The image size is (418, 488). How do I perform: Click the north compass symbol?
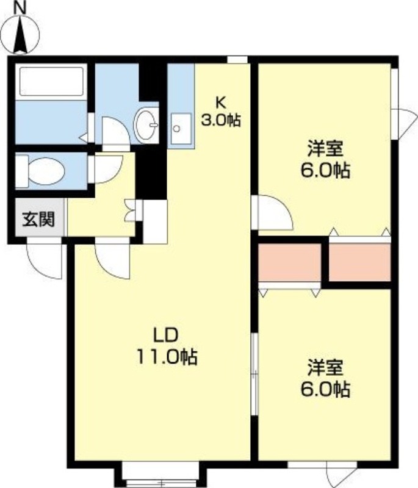[21, 30]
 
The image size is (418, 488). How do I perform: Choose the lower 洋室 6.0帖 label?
[323, 378]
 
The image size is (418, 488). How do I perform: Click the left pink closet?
[289, 262]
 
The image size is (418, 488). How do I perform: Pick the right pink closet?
[359, 262]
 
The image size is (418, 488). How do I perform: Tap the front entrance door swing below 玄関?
[45, 260]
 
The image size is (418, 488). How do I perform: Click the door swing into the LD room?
[114, 259]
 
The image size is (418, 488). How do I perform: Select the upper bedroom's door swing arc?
[273, 213]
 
